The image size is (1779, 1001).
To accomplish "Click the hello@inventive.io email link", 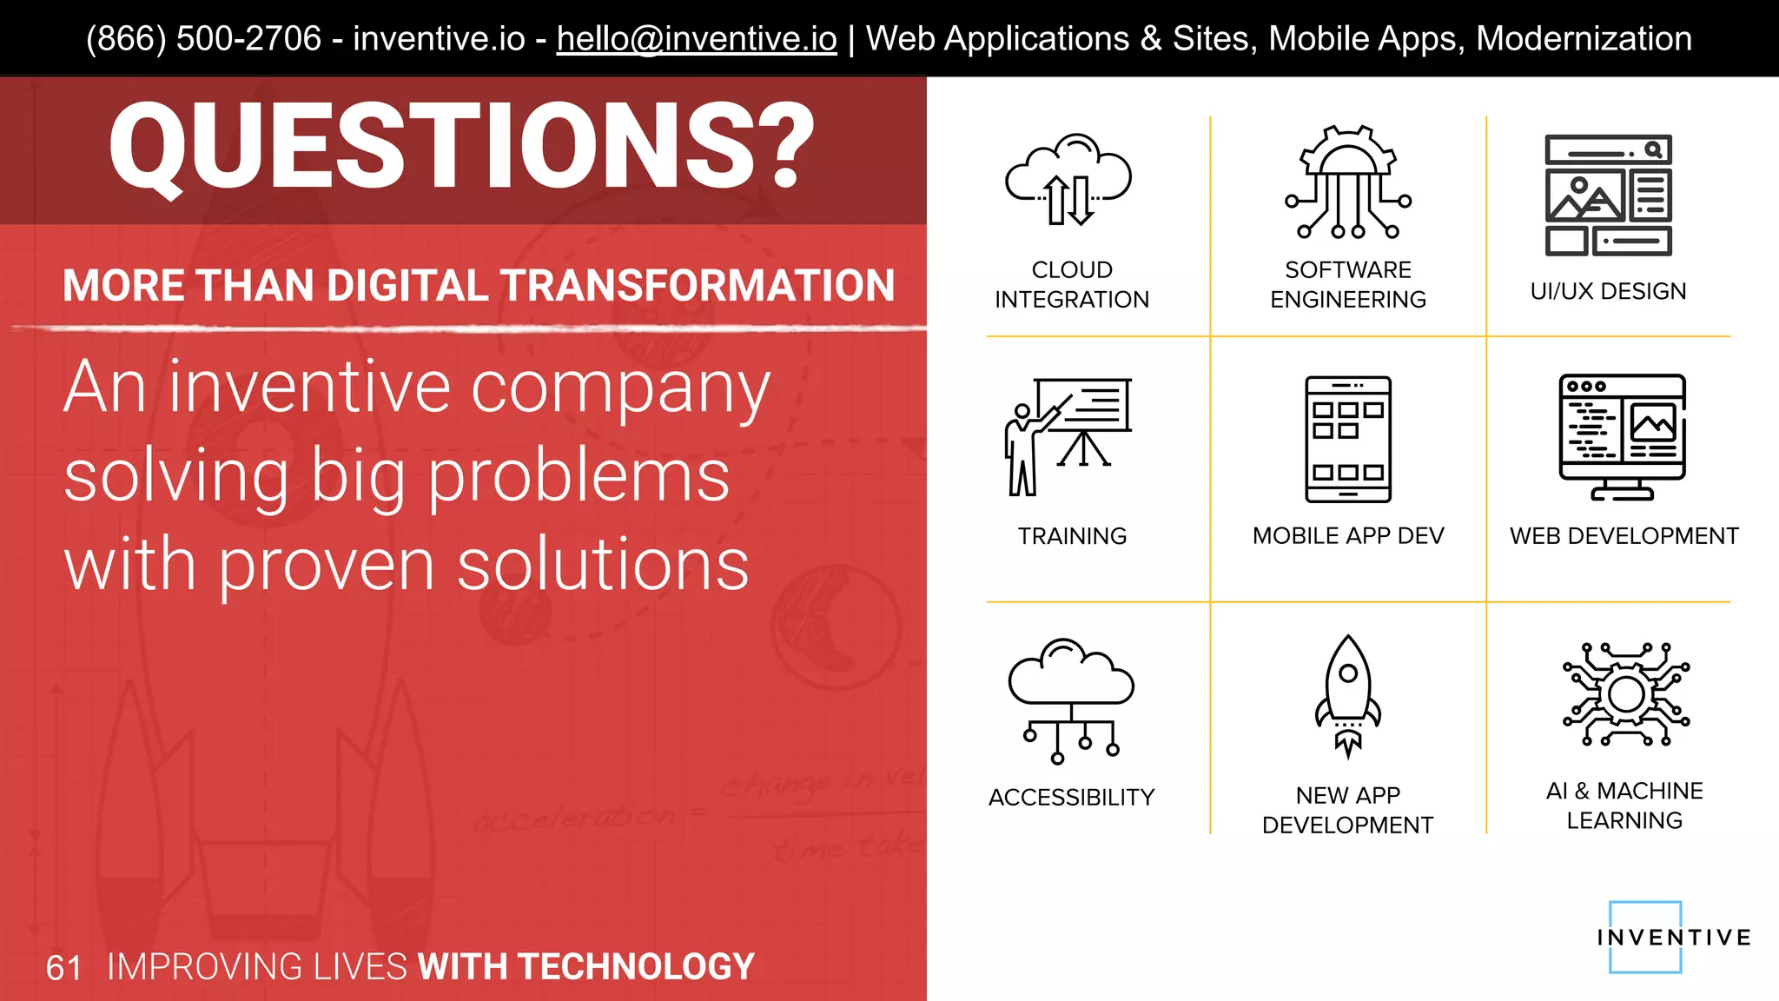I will click(x=697, y=39).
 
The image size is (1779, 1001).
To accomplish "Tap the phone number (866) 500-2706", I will click(x=203, y=39).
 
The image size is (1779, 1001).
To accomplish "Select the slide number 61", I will click(x=63, y=968).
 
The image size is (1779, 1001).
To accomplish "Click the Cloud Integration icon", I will click(x=1069, y=181).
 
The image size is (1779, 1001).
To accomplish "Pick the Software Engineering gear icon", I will click(x=1348, y=182).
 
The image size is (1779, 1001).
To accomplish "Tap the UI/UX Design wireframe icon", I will click(x=1608, y=196).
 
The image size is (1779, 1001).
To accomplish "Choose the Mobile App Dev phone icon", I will click(x=1348, y=439).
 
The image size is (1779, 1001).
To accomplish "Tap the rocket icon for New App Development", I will click(x=1348, y=696).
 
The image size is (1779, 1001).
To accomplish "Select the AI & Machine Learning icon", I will click(x=1625, y=694).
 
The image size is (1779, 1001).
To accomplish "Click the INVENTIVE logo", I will click(x=1672, y=938).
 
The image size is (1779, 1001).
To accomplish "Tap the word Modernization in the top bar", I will click(x=1584, y=39).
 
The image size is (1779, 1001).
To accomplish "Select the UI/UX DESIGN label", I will click(x=1608, y=291).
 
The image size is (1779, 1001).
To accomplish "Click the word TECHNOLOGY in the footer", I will click(x=636, y=967).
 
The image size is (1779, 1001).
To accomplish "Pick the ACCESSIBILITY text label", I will click(x=1071, y=797).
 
